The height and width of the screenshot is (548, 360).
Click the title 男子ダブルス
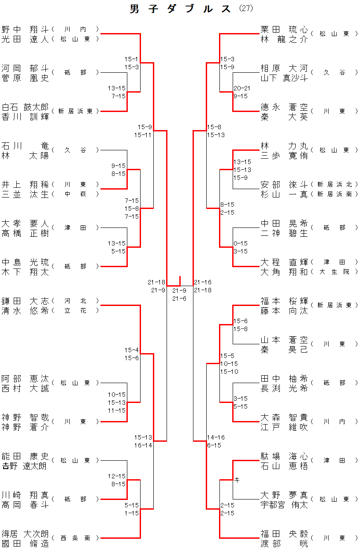180,9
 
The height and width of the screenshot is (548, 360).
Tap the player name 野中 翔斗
25,30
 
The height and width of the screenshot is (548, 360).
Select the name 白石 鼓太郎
25,107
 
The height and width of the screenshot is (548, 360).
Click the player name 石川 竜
25,146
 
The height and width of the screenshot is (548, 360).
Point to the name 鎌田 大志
25,301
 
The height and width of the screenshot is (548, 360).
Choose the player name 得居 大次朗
25,534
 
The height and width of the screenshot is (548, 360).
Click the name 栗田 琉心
284,30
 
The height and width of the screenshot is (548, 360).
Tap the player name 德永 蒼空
284,107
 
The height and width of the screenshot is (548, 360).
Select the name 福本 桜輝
284,301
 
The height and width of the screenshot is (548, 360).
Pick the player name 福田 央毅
284,534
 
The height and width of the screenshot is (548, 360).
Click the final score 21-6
179,298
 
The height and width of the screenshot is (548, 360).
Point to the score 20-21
242,88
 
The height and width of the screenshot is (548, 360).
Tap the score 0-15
241,243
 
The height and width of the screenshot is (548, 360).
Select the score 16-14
143,445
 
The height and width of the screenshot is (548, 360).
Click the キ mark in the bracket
237,480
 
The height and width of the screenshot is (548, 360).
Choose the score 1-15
132,513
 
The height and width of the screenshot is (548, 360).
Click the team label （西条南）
75,538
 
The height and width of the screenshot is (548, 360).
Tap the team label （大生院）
334,272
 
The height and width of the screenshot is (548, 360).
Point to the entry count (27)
246,8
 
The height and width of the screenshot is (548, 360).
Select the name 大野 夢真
284,495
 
